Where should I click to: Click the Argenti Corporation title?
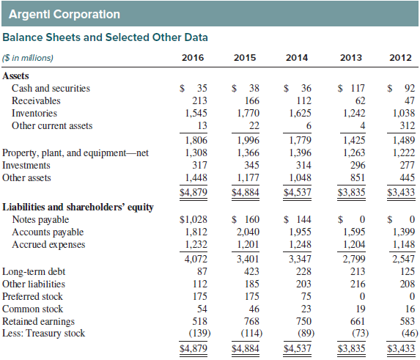click(x=65, y=14)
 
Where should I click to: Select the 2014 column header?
click(x=297, y=58)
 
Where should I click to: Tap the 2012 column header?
click(x=400, y=58)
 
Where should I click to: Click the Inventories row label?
click(x=34, y=113)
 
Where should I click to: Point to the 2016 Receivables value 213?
click(x=199, y=100)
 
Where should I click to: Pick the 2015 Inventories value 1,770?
click(x=248, y=114)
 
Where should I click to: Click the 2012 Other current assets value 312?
click(x=408, y=125)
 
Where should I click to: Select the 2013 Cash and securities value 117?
click(x=358, y=88)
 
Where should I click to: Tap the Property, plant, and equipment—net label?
click(x=75, y=153)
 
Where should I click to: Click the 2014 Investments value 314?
click(x=303, y=165)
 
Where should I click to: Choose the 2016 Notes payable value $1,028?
click(x=193, y=219)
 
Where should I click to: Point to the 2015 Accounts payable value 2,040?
click(x=248, y=232)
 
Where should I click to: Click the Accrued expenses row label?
click(x=48, y=245)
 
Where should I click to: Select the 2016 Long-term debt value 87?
click(x=202, y=271)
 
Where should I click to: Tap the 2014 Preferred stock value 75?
click(x=306, y=296)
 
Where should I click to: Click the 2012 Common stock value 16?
click(x=410, y=309)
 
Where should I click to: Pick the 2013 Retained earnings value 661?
click(x=358, y=321)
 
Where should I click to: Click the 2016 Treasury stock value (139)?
click(x=200, y=333)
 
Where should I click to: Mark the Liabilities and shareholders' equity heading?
click(x=78, y=207)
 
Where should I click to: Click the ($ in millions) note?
click(x=28, y=58)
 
